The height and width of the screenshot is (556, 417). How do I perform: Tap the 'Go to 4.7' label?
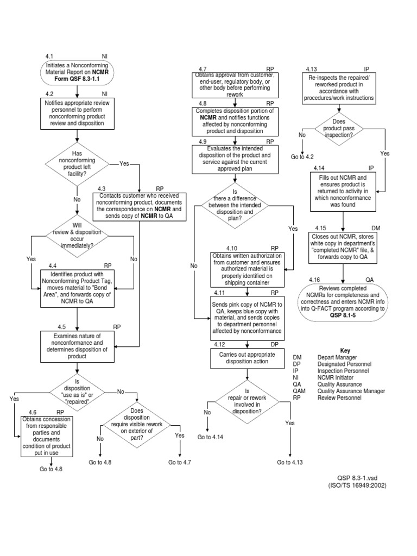180,462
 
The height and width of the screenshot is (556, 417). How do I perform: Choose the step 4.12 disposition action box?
247,358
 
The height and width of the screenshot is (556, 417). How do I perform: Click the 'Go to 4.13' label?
289,462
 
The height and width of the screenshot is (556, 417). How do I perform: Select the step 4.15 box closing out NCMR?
342,247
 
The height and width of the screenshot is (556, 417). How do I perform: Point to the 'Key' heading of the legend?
346,350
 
